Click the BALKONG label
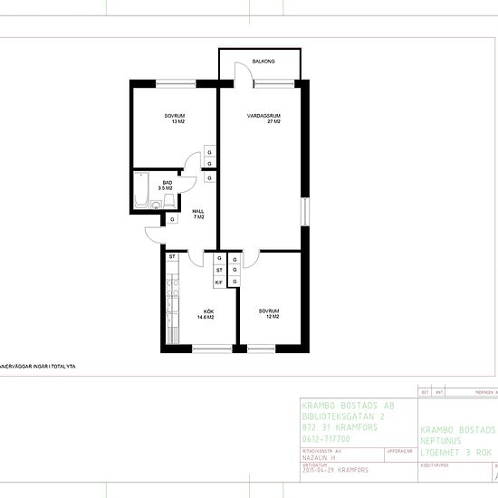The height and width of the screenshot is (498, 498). pyautogui.click(x=263, y=62)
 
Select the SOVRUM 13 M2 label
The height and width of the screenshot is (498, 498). pyautogui.click(x=175, y=119)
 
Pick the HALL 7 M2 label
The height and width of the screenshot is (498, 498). pyautogui.click(x=198, y=214)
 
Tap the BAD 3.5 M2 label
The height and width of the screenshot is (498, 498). pyautogui.click(x=167, y=186)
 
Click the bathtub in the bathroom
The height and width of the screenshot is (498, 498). pyautogui.click(x=142, y=191)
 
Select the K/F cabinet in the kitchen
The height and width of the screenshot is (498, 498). pyautogui.click(x=219, y=283)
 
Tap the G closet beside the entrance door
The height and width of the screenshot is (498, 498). pyautogui.click(x=171, y=219)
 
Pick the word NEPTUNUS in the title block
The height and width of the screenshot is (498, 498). pyautogui.click(x=446, y=440)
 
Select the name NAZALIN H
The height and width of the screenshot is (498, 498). pyautogui.click(x=322, y=456)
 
